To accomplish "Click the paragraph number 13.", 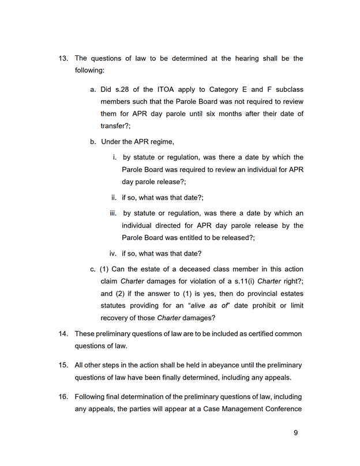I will point(63,58).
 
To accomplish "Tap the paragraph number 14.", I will point(63,334).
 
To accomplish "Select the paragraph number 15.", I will point(63,365).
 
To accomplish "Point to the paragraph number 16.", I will point(63,397).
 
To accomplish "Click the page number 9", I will point(295,433).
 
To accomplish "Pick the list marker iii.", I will point(114,213).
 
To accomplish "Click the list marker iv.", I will point(114,253).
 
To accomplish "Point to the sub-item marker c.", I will point(93,269).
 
